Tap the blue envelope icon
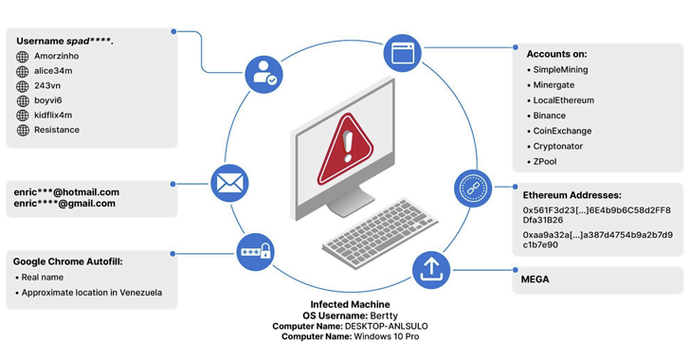pos(229,183)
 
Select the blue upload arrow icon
pos(431,270)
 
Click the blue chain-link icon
pos(473,189)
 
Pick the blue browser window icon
pos(403,53)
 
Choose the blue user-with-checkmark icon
pos(263,75)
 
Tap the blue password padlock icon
pos(255,252)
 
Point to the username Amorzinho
pos(56,57)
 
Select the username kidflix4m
pos(55,115)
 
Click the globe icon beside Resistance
pos(22,130)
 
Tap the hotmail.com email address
pos(66,192)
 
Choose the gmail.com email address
pos(64,204)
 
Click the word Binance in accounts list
pos(550,116)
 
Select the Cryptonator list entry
pos(558,147)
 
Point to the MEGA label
pos(535,279)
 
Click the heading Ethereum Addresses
pos(572,195)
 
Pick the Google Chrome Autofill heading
pos(67,261)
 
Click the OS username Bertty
pos(388,315)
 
